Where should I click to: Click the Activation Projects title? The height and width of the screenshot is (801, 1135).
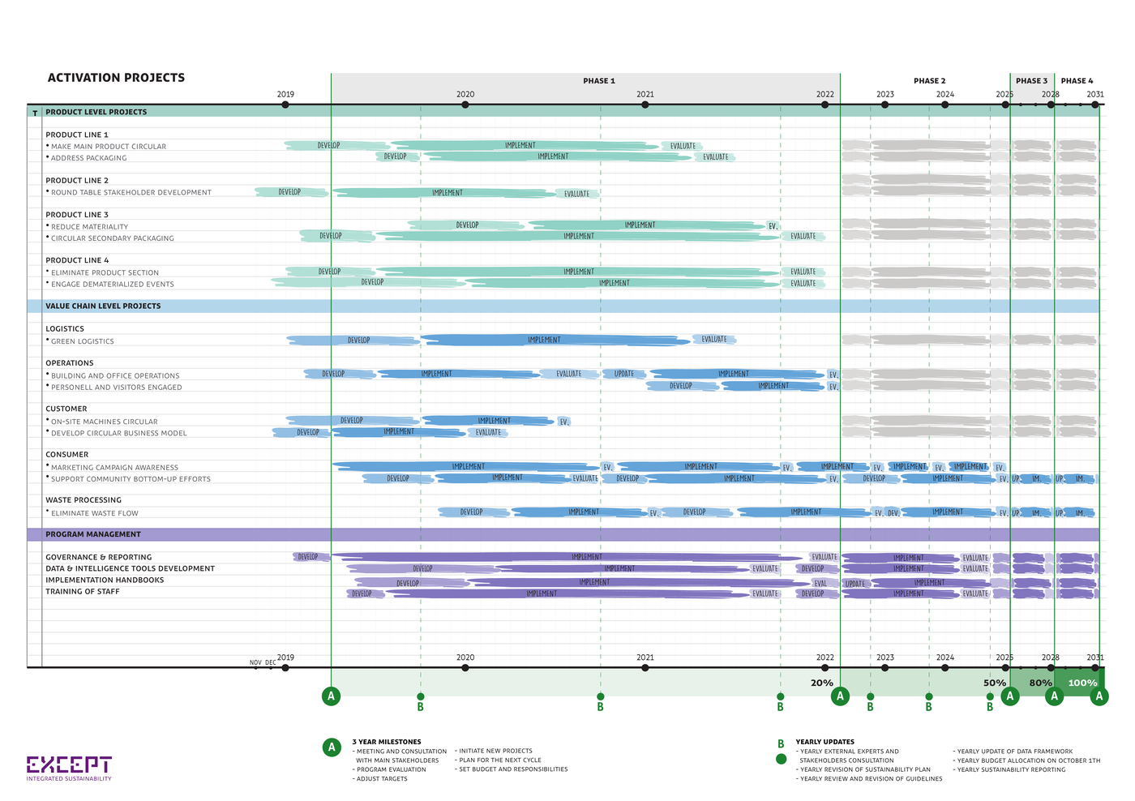click(x=116, y=78)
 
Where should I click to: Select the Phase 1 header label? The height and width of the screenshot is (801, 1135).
click(x=599, y=81)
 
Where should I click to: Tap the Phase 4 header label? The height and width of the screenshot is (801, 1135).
click(x=1077, y=81)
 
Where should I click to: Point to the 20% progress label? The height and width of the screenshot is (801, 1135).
click(x=821, y=683)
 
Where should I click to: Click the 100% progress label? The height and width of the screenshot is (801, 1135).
click(x=1082, y=683)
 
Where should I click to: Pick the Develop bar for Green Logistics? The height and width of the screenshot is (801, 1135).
click(x=358, y=341)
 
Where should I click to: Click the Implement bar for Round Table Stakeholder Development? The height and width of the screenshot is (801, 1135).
click(x=447, y=193)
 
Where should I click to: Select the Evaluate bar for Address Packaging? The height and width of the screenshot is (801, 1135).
click(x=715, y=157)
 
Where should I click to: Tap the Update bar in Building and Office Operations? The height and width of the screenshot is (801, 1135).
click(x=624, y=374)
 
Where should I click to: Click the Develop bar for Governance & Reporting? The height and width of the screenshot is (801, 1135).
click(x=309, y=557)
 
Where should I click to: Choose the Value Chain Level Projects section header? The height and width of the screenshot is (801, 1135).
click(x=103, y=306)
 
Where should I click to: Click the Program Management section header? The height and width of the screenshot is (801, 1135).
click(x=93, y=534)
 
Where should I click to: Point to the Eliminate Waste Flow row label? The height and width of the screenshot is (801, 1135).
click(x=94, y=513)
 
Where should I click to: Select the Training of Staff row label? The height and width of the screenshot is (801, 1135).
click(x=83, y=592)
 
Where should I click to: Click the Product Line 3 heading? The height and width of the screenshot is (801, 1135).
click(x=77, y=215)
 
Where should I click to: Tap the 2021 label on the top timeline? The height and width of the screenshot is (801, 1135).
click(x=645, y=94)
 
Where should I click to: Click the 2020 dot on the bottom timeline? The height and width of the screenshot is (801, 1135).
click(x=465, y=668)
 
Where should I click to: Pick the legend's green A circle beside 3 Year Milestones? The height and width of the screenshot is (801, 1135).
click(x=331, y=747)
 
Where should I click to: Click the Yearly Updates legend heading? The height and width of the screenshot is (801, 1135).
click(x=824, y=742)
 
